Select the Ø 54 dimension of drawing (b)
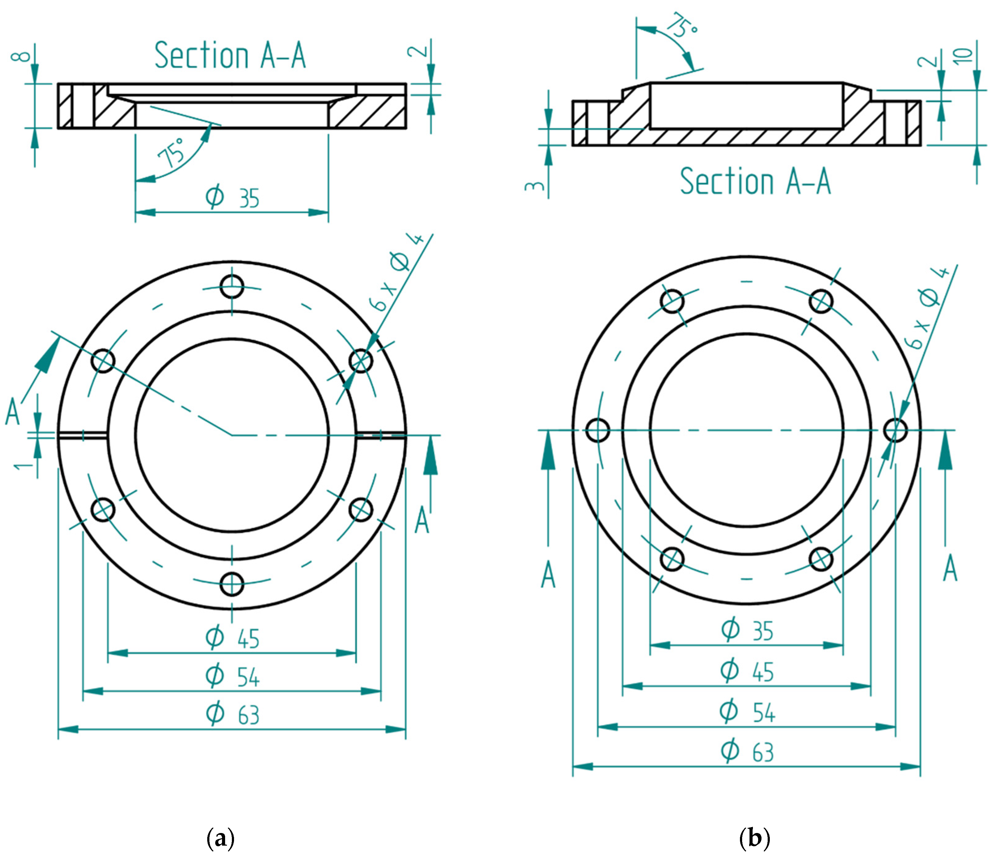click(746, 712)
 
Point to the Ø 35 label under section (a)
click(232, 197)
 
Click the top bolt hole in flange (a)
click(232, 287)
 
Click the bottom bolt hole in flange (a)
click(232, 584)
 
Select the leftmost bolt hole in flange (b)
click(598, 430)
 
